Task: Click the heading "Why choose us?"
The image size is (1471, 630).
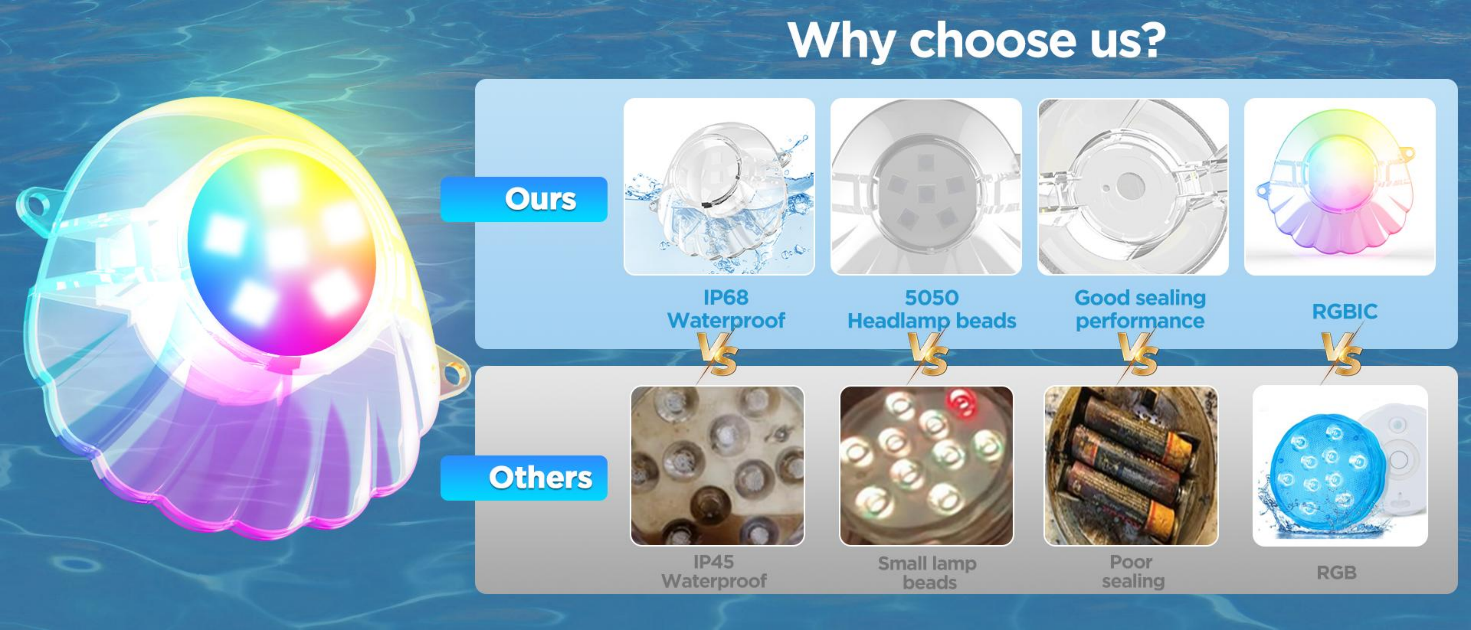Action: click(977, 40)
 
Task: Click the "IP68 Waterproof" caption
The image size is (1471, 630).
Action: click(726, 309)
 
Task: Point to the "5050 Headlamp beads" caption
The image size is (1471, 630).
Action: click(931, 309)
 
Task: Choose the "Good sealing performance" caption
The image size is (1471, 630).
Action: click(1140, 309)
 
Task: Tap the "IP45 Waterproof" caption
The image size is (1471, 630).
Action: click(714, 571)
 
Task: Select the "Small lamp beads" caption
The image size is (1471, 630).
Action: click(927, 572)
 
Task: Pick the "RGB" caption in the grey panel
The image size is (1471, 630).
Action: click(1336, 572)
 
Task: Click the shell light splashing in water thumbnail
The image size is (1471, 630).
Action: click(719, 187)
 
